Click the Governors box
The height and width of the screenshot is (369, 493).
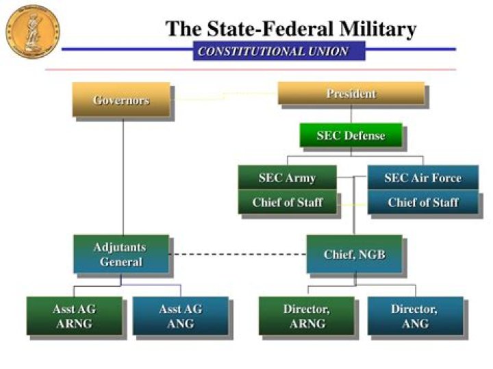121,100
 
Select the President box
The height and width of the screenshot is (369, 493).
351,93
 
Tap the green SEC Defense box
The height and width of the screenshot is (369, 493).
350,135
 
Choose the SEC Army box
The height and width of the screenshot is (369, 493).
287,178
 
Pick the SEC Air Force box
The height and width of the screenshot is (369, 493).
422,178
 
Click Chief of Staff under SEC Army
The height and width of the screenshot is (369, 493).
287,202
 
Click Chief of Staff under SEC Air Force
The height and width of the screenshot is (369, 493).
422,202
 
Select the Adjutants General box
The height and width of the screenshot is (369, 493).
121,254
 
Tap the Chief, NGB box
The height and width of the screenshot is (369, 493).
354,255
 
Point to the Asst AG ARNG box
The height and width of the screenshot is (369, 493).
75,316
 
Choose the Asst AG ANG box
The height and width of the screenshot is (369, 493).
180,316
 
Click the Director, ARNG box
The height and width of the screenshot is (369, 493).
306,316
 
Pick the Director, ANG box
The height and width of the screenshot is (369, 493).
414,316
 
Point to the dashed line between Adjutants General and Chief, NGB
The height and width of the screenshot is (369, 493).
237,255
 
